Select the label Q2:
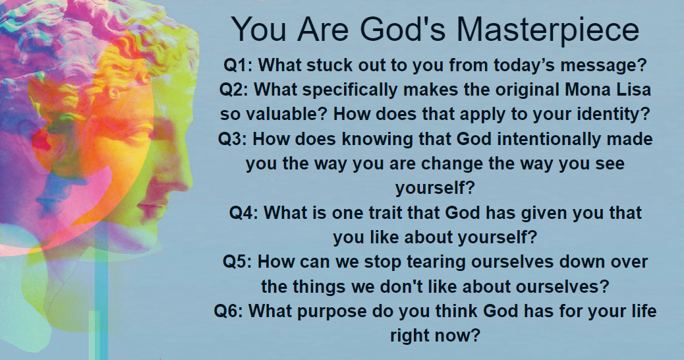(233, 90)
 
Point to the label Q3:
(233, 139)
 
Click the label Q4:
(244, 213)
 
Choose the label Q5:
(237, 262)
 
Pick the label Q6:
(229, 311)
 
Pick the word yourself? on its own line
(435, 189)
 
